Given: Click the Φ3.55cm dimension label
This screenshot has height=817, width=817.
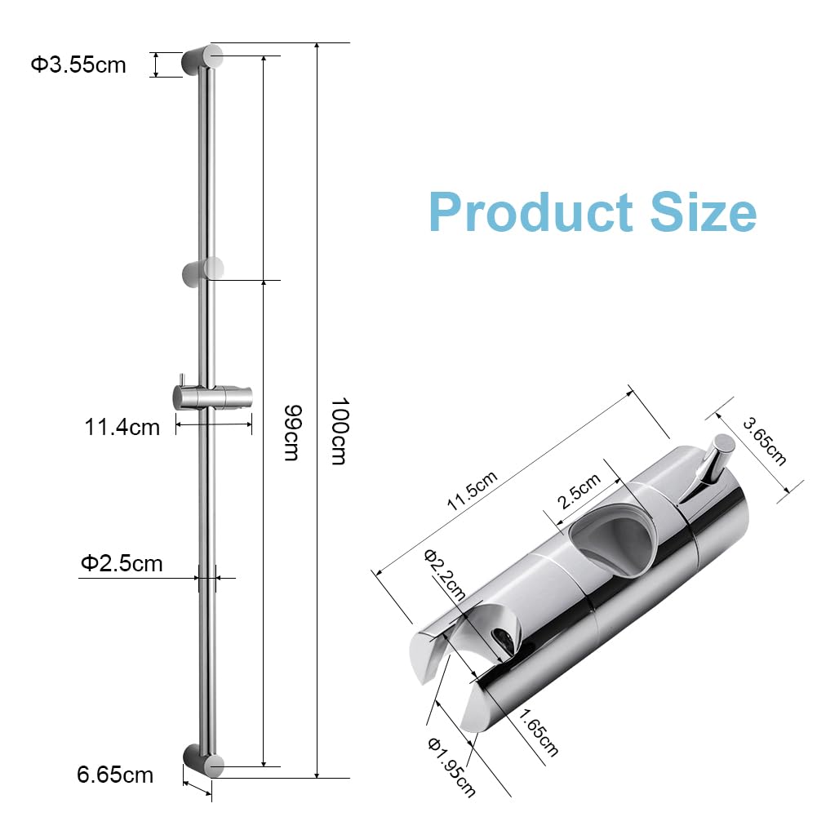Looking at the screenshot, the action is tap(78, 65).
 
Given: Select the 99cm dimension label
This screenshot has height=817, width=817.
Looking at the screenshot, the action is tap(292, 433).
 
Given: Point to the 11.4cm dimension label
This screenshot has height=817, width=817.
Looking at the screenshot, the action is tap(122, 427).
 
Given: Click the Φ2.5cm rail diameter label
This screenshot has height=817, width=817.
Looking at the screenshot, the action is tap(122, 563).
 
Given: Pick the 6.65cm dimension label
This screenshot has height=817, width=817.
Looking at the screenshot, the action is tap(115, 775).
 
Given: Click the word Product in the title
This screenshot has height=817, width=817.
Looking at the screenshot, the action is tap(531, 212).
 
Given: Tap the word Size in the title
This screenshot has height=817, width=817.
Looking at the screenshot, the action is tap(704, 212).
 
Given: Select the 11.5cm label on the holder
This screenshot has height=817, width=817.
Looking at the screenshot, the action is tap(472, 491).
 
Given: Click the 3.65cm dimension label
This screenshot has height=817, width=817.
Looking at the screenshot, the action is tap(765, 441).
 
